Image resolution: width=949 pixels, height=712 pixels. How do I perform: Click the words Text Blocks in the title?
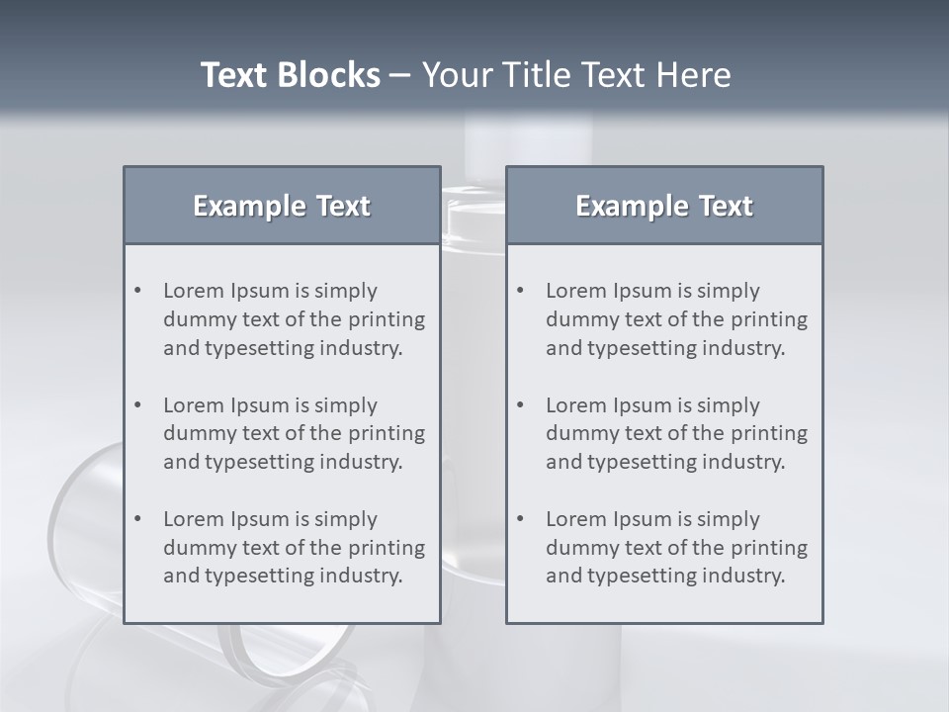click(x=290, y=75)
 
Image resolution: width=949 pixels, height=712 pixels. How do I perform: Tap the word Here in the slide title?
click(x=692, y=75)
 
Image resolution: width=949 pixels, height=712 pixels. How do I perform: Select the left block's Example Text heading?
click(x=282, y=206)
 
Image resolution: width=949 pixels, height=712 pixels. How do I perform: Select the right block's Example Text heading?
click(x=664, y=206)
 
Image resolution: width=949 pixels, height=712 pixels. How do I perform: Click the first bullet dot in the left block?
click(x=137, y=291)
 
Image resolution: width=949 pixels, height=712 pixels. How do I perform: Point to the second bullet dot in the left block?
click(x=137, y=405)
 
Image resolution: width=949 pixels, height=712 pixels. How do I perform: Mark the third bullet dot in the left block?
click(x=137, y=519)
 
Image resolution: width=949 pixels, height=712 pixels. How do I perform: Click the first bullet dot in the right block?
click(x=520, y=291)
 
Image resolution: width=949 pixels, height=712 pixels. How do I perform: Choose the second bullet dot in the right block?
click(x=520, y=405)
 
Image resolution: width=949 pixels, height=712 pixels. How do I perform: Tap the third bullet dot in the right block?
click(x=520, y=519)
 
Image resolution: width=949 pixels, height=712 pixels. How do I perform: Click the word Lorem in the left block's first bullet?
click(x=193, y=291)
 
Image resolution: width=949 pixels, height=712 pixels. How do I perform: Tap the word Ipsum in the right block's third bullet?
click(x=645, y=519)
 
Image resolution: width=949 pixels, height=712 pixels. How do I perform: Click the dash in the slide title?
click(x=400, y=75)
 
